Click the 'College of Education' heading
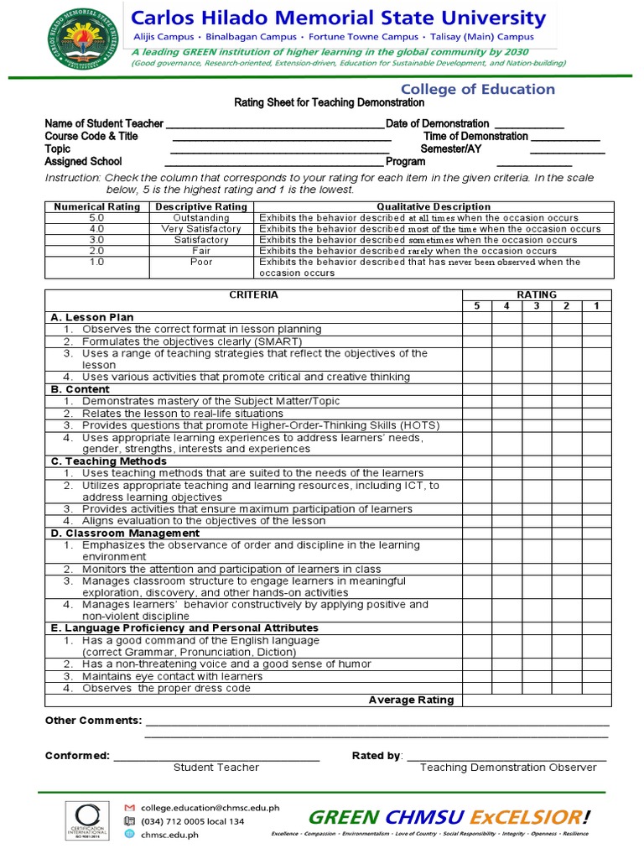(477, 89)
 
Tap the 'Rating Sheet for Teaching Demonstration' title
(329, 102)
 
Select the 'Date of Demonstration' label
(438, 123)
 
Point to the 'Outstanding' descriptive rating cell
(201, 217)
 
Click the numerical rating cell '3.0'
(96, 240)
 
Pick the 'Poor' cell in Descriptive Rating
(201, 262)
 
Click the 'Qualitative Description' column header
(434, 206)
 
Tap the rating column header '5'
(476, 306)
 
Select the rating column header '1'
(596, 306)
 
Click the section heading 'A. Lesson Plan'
(92, 318)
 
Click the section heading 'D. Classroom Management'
(125, 534)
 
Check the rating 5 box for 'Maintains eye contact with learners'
(476, 676)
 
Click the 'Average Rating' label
(411, 700)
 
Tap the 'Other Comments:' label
(93, 721)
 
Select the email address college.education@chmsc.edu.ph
(210, 807)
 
